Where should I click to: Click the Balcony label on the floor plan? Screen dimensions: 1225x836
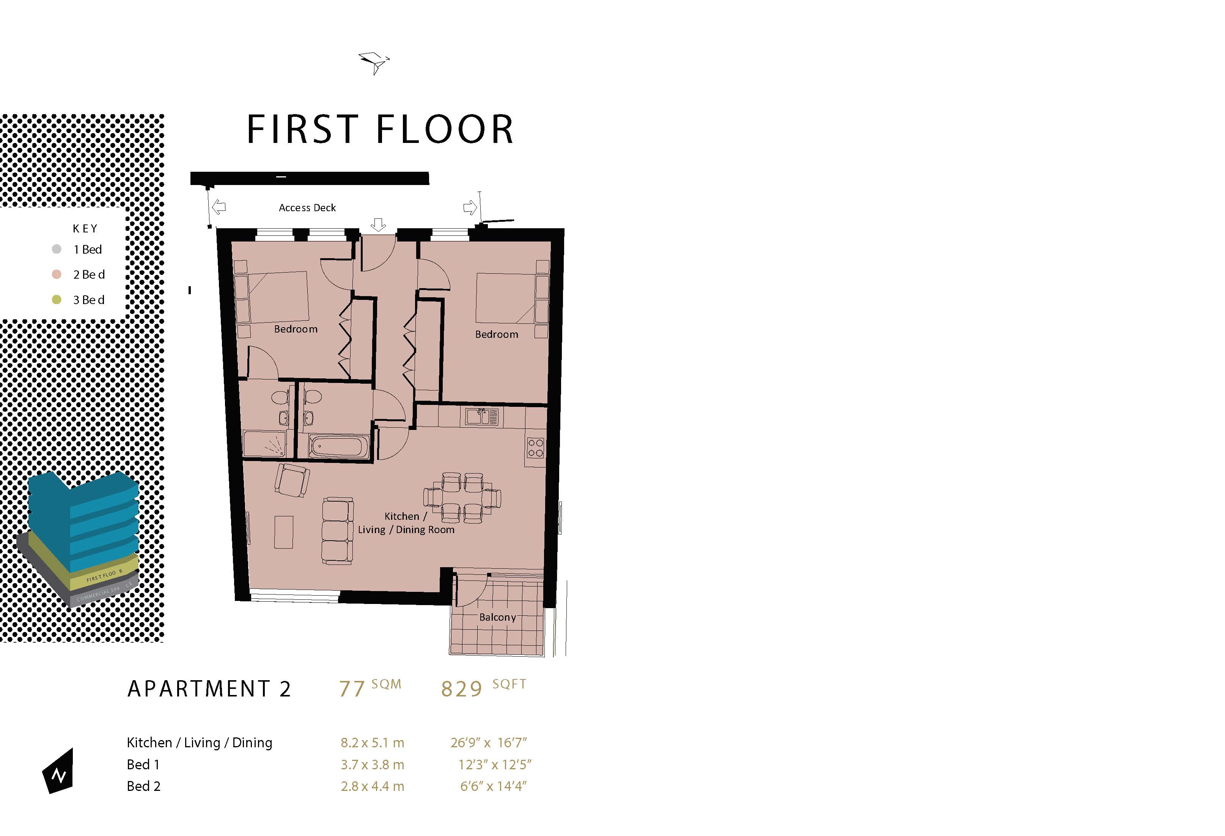point(497,617)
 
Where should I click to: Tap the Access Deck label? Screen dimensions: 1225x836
point(307,207)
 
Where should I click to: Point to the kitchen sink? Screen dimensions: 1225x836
point(482,417)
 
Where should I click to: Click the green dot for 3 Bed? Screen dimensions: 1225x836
point(57,300)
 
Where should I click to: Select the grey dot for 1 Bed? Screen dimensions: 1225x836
point(57,249)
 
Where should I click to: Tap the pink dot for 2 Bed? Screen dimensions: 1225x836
point(57,274)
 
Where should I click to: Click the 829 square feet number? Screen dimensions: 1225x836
point(461,689)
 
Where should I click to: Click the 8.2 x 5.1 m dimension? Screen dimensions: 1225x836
point(372,743)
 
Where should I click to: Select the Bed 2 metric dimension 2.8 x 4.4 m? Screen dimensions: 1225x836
point(372,786)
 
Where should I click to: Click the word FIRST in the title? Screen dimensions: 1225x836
point(303,130)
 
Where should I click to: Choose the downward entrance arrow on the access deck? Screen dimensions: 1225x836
point(378,225)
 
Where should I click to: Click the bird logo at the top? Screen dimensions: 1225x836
point(374,63)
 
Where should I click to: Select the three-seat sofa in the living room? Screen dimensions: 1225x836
point(337,531)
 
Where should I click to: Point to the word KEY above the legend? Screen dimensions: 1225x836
point(85,229)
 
